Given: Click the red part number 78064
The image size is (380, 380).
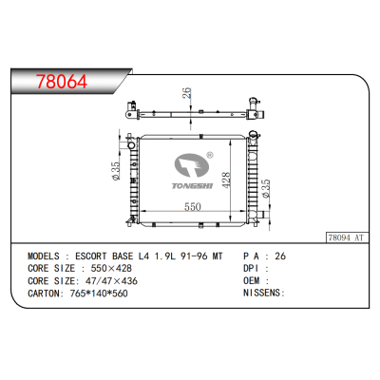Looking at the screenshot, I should pos(57,80).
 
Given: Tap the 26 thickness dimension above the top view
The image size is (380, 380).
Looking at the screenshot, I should pos(187,95).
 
